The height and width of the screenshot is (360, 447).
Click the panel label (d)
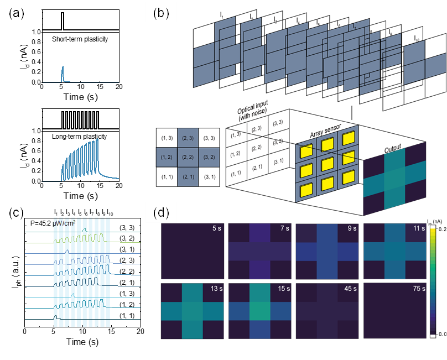(x=161, y=212)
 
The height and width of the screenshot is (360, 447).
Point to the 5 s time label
(x=217, y=229)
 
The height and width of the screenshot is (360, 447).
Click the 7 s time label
(x=284, y=229)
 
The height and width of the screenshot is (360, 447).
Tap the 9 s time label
(x=352, y=229)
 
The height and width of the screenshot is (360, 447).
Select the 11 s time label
(x=418, y=229)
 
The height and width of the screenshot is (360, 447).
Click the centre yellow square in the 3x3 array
(x=328, y=164)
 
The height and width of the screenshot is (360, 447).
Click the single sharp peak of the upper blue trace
(x=63, y=69)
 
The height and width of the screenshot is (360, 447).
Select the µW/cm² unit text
(x=65, y=223)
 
